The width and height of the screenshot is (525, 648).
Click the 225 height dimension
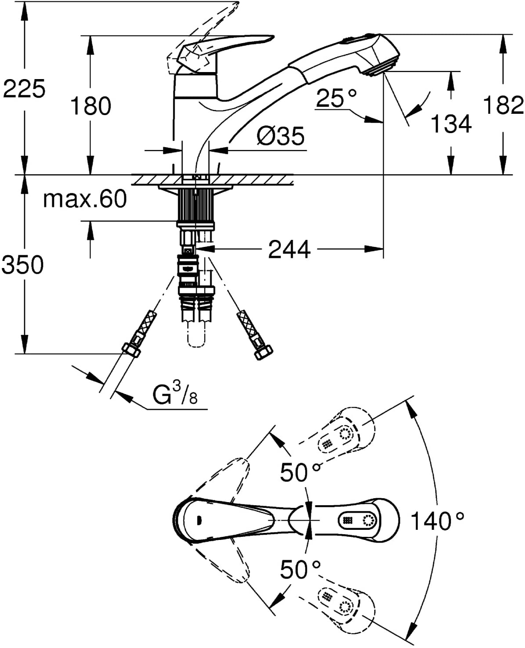pyautogui.click(x=24, y=89)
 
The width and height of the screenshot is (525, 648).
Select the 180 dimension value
pyautogui.click(x=90, y=105)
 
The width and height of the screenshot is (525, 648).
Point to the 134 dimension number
pyautogui.click(x=451, y=124)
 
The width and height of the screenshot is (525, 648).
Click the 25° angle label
pyautogui.click(x=336, y=98)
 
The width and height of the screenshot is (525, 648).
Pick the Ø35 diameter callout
pyautogui.click(x=280, y=136)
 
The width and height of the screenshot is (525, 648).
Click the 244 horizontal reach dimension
pyautogui.click(x=289, y=250)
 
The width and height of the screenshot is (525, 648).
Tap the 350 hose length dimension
pyautogui.click(x=23, y=264)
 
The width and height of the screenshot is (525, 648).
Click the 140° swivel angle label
pyautogui.click(x=438, y=521)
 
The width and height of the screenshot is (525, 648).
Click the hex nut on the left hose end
pyautogui.click(x=131, y=350)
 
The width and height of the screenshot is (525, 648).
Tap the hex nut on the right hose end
pyautogui.click(x=263, y=353)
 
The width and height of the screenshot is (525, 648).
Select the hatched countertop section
pyautogui.click(x=212, y=180)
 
